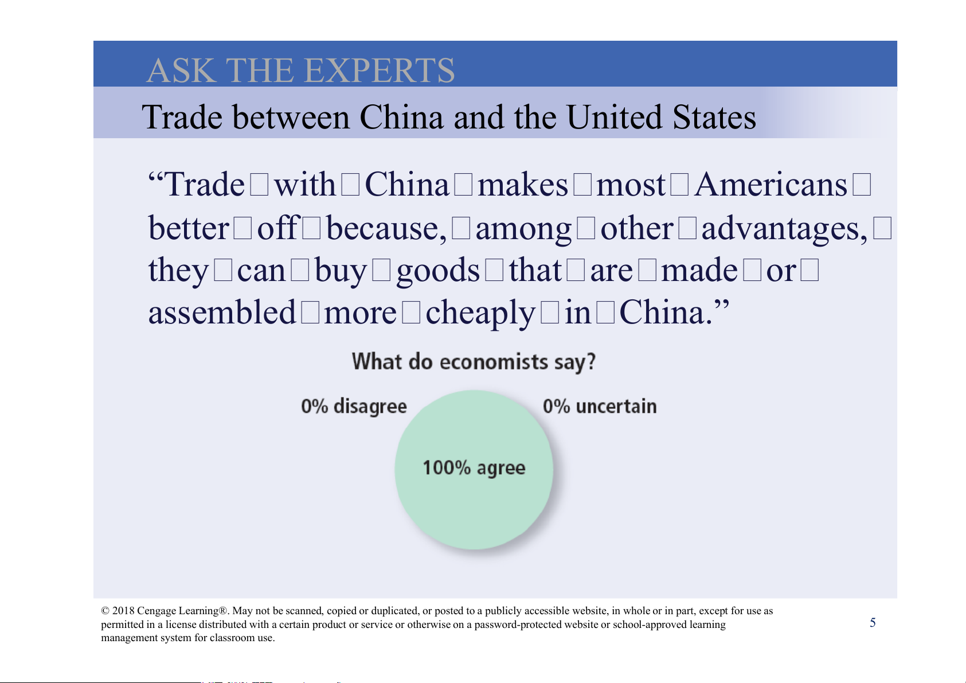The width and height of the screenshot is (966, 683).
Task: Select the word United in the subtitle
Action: coord(614,117)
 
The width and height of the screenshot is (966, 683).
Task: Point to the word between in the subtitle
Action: coord(291,117)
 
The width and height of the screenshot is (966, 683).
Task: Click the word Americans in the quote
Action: coord(771,185)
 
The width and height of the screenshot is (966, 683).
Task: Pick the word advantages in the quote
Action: coord(784,229)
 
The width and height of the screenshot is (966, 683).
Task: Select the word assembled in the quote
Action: coord(222,312)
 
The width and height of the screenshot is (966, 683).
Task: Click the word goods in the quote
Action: coord(438,271)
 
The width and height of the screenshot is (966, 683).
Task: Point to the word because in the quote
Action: coord(386,228)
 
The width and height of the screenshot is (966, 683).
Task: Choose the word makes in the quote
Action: coord(523,185)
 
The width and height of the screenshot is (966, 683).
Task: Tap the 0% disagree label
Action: coord(354,407)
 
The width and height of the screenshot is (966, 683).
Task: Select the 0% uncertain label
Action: coord(600,407)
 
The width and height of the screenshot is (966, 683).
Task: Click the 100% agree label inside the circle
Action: coord(474,468)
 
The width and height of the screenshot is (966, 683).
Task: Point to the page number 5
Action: coord(873,623)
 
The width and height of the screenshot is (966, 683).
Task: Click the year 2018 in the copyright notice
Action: coord(123,611)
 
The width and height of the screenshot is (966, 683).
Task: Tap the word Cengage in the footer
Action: coord(157,611)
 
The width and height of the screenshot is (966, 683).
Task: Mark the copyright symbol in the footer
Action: coord(105,611)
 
